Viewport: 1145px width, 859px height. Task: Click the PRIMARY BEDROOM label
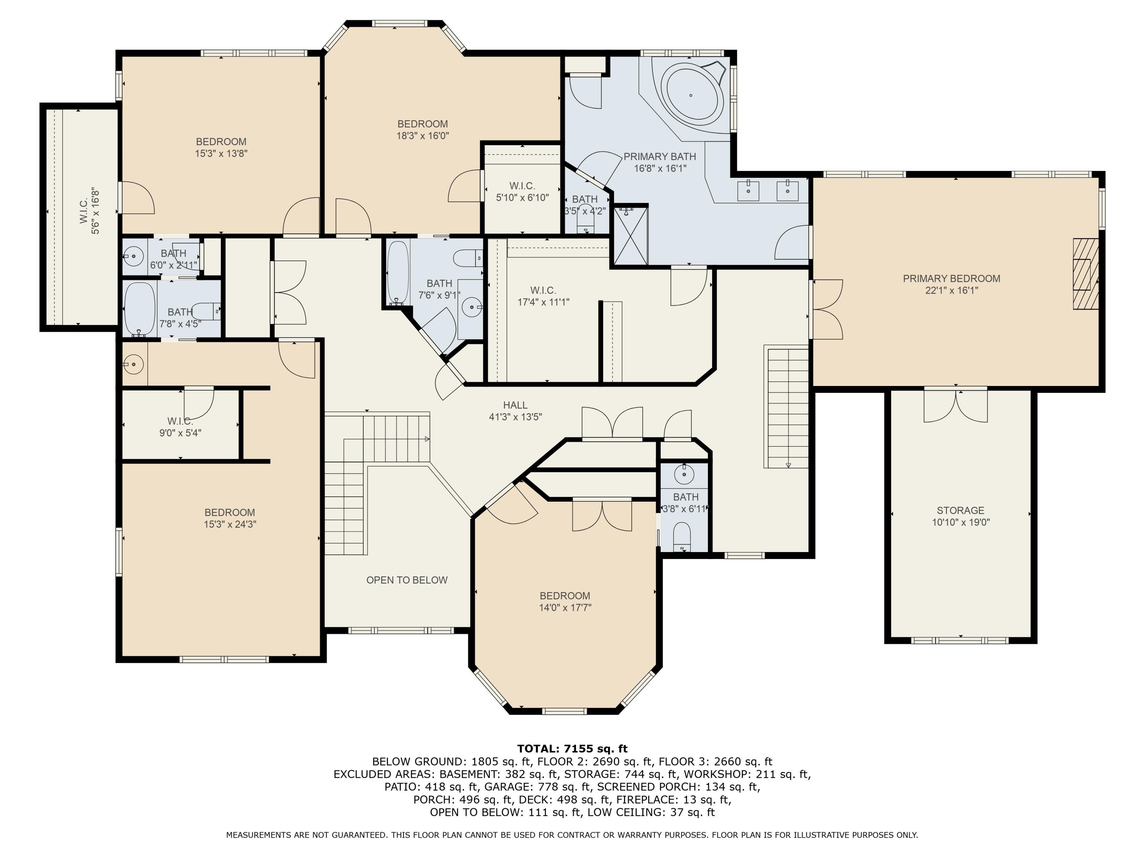pos(951,279)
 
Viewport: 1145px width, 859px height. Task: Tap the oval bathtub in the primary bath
pos(692,95)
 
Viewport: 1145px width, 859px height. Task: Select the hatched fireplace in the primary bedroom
pos(1085,273)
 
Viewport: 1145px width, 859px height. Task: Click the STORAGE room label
pos(961,510)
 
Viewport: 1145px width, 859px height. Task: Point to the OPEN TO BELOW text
pos(407,580)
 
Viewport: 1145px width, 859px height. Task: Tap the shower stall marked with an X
pos(631,236)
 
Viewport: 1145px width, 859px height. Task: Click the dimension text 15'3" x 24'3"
pos(230,524)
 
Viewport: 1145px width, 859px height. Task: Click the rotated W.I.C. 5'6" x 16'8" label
pos(90,211)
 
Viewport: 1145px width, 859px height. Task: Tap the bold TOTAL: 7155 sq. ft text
pos(572,749)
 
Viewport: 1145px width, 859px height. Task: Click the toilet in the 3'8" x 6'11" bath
pos(682,536)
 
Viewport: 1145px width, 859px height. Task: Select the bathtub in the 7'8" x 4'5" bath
pos(140,309)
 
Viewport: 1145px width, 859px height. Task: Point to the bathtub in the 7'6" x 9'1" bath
pos(398,272)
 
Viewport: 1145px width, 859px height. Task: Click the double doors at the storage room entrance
pos(956,406)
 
